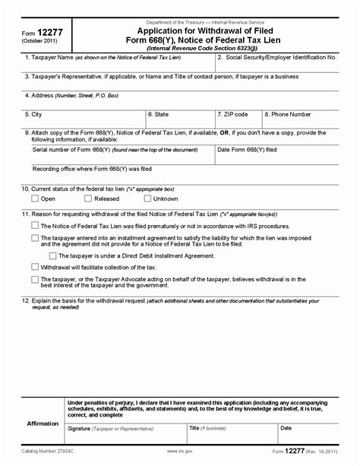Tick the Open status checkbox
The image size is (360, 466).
pos(35,198)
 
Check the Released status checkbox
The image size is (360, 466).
pos(88,198)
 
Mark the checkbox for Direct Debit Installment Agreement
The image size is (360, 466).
pos(52,255)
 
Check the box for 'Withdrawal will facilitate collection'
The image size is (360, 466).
pos(35,267)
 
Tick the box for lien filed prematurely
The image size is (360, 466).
pos(35,225)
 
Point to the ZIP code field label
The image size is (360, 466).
pos(233,114)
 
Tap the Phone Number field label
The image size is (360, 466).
pos(289,114)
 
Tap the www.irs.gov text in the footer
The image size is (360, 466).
pos(177,459)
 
